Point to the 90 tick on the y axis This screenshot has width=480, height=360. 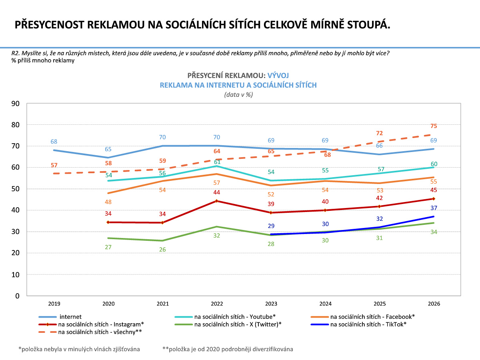coord(16,104)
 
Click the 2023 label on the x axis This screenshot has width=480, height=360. coord(271,304)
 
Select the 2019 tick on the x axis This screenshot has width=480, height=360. coord(54,304)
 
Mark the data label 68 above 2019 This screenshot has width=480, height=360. coord(54,142)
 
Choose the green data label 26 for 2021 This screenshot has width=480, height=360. coord(163,249)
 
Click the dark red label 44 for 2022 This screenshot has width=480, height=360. coord(217,192)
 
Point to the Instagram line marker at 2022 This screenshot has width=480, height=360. coord(217,201)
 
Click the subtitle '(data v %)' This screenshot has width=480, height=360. coord(238,95)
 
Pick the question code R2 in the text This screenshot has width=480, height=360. coord(16,54)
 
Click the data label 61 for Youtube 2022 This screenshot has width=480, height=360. coord(217,162)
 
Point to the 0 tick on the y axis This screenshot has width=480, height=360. coord(18,296)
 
